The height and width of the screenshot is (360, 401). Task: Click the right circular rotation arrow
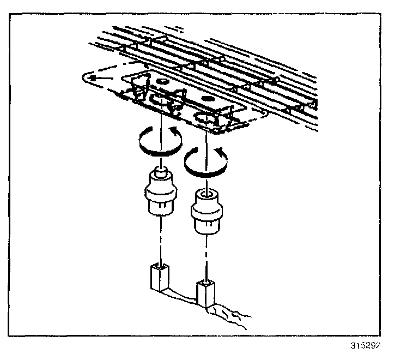(x=206, y=160)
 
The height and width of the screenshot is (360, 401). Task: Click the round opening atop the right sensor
(x=206, y=193)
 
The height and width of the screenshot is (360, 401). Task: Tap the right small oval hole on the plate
(x=205, y=99)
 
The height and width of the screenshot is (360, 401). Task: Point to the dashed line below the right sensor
(x=206, y=256)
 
